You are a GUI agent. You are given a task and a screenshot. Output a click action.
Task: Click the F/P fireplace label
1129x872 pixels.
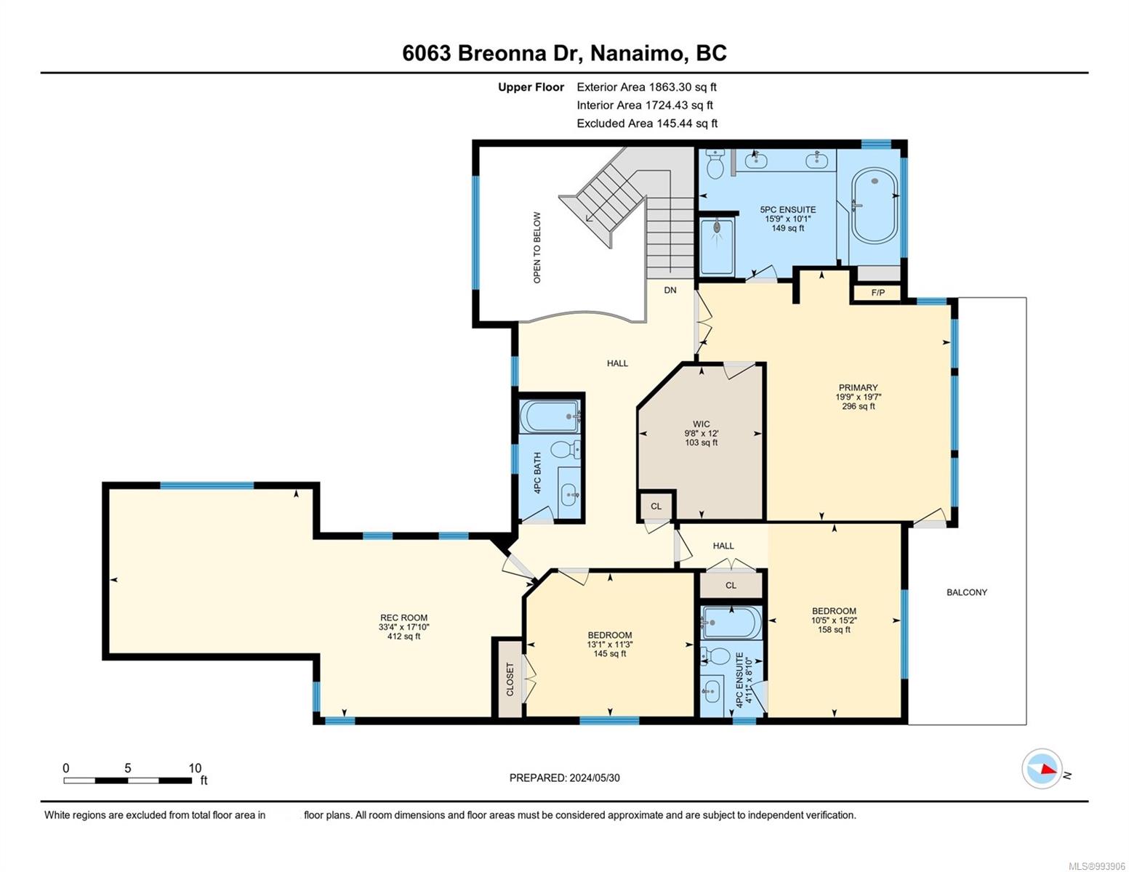877,292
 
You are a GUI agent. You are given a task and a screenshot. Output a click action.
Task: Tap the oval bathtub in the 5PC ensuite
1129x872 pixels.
875,205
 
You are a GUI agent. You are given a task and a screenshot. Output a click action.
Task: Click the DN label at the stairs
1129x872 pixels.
670,290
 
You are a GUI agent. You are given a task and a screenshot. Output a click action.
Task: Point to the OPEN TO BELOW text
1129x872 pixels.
537,247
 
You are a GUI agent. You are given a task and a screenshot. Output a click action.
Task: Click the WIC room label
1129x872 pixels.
701,424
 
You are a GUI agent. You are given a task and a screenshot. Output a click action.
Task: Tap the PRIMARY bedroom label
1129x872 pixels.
859,387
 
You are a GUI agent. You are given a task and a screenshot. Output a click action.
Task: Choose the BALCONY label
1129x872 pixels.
967,592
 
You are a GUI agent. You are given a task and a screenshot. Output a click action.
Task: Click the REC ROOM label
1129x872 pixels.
403,618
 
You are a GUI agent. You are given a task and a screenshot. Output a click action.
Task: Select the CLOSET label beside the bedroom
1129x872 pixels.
510,679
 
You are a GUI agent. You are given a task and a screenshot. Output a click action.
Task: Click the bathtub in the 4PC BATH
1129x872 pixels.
549,416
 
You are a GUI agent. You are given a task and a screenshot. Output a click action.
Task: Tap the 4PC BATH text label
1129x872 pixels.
537,472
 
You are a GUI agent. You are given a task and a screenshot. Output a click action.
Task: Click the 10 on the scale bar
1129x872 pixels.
195,768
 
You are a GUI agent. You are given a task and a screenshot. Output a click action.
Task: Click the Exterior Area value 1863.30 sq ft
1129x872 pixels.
683,87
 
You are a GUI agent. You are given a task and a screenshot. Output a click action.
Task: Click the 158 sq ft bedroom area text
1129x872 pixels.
834,629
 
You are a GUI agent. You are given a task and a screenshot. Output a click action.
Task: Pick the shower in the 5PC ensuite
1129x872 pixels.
717,246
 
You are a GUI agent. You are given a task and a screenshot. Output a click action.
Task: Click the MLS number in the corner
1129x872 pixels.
1096,866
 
